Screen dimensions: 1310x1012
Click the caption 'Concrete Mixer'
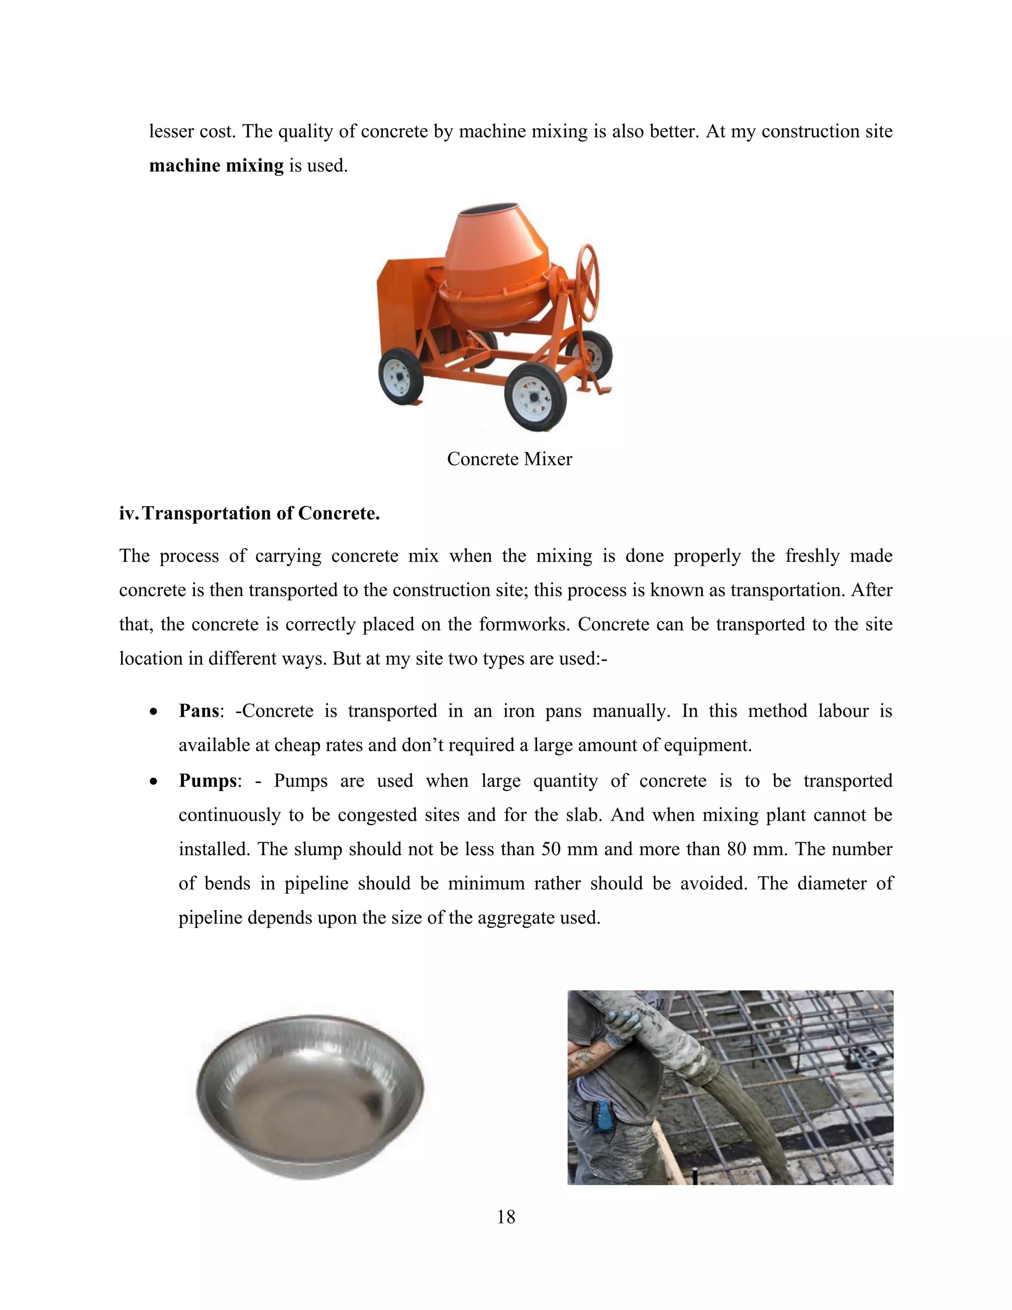(509, 459)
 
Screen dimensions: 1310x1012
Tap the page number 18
(506, 1217)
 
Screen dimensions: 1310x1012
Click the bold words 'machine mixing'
(216, 166)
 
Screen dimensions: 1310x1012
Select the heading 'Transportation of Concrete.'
(261, 514)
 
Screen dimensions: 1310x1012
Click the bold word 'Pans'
(199, 711)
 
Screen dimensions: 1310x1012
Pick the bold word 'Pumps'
(208, 781)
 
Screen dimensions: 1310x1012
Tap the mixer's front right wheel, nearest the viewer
(535, 396)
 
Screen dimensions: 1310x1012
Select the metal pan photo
(310, 1096)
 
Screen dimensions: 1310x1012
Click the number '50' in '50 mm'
(551, 850)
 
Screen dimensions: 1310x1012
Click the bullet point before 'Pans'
(154, 712)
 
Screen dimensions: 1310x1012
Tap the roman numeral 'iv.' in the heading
(129, 514)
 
